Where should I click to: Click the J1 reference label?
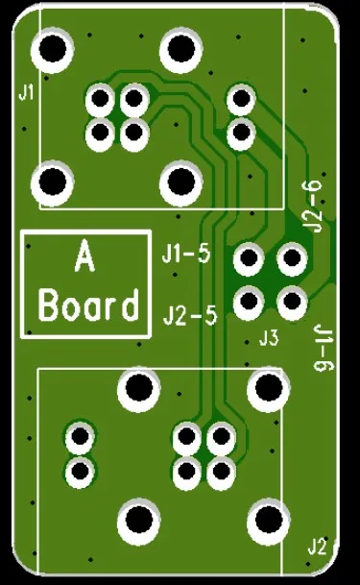pyautogui.click(x=26, y=92)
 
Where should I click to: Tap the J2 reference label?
pyautogui.click(x=318, y=547)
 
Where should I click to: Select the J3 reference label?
pyautogui.click(x=269, y=338)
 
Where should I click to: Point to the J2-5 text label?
pyautogui.click(x=190, y=314)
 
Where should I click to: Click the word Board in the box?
pyautogui.click(x=87, y=306)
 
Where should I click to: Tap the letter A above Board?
pyautogui.click(x=84, y=257)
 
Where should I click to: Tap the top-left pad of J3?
pyautogui.click(x=249, y=258)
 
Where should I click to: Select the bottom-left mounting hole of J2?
pyautogui.click(x=138, y=521)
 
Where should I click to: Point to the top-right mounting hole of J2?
pyautogui.click(x=266, y=388)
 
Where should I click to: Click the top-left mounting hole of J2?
pyautogui.click(x=138, y=388)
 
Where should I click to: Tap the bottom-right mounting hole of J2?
pyautogui.click(x=266, y=521)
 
